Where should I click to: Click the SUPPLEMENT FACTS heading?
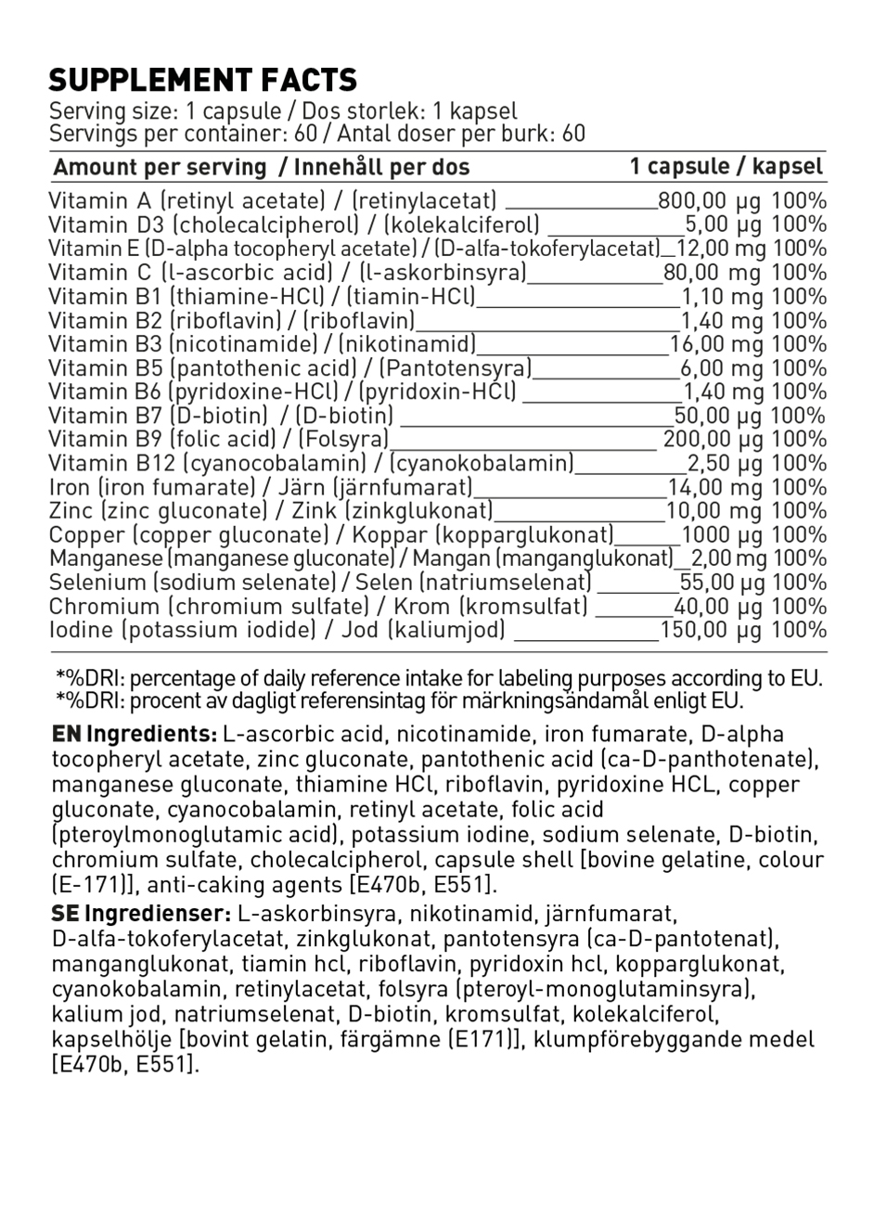pyautogui.click(x=202, y=80)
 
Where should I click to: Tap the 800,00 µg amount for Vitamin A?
pyautogui.click(x=709, y=200)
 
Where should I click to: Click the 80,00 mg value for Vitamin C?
pyautogui.click(x=712, y=273)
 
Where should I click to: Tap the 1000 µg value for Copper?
pyautogui.click(x=721, y=535)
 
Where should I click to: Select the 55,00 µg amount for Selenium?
pyautogui.click(x=721, y=583)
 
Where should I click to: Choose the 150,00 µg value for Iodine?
pyautogui.click(x=710, y=631)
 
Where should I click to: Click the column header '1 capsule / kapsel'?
pyautogui.click(x=726, y=166)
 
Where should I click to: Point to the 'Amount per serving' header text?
pyautogui.click(x=160, y=168)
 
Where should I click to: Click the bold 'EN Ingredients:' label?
pyautogui.click(x=135, y=734)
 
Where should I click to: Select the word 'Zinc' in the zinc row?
pyautogui.click(x=71, y=511)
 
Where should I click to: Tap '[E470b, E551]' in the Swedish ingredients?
pyautogui.click(x=125, y=1064)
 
